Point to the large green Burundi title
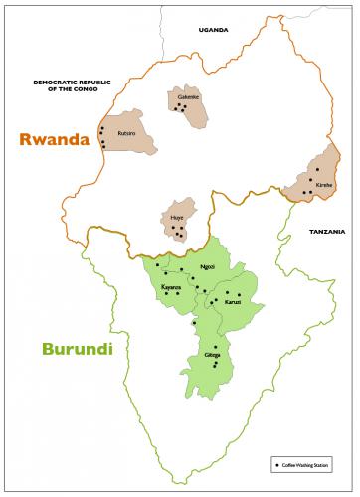point(77,350)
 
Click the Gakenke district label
point(188,97)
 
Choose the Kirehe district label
point(324,185)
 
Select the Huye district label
point(177,216)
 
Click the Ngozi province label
point(207,267)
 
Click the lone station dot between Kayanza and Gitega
point(194,322)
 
